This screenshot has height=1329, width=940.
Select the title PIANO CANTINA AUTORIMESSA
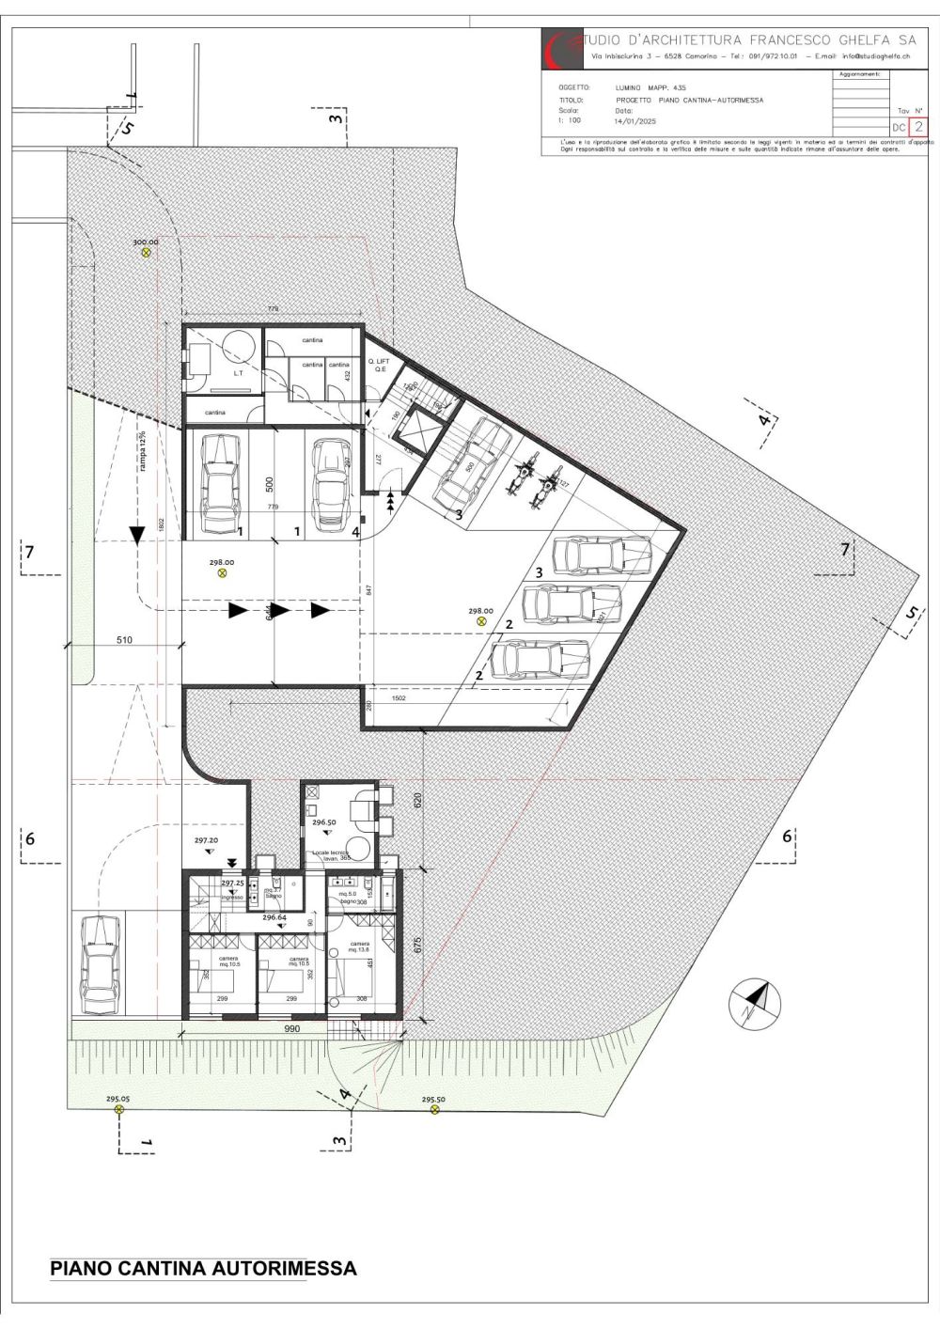tap(203, 1268)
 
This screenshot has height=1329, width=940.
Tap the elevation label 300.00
tap(146, 242)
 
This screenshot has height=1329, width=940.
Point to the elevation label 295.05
tap(118, 1099)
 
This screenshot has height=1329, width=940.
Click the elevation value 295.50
tap(433, 1099)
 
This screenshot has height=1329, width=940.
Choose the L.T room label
tap(213, 372)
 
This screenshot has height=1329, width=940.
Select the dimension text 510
tap(124, 639)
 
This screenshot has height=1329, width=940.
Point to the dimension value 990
tap(291, 1029)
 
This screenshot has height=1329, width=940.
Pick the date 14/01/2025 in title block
tap(634, 121)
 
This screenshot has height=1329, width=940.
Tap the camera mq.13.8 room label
tap(359, 947)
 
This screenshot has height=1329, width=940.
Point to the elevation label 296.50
tap(324, 821)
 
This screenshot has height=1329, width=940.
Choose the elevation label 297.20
tap(207, 840)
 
